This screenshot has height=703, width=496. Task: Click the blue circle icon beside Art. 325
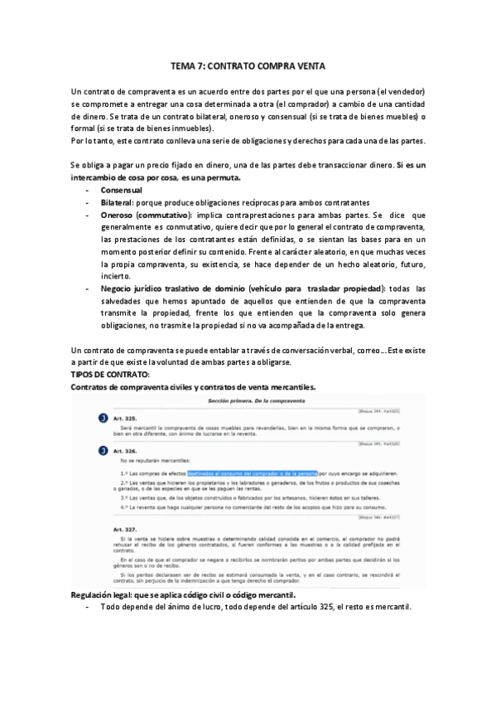(103, 419)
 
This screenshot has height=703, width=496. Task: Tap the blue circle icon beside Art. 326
(103, 451)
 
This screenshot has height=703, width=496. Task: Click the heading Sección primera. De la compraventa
(248, 400)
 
